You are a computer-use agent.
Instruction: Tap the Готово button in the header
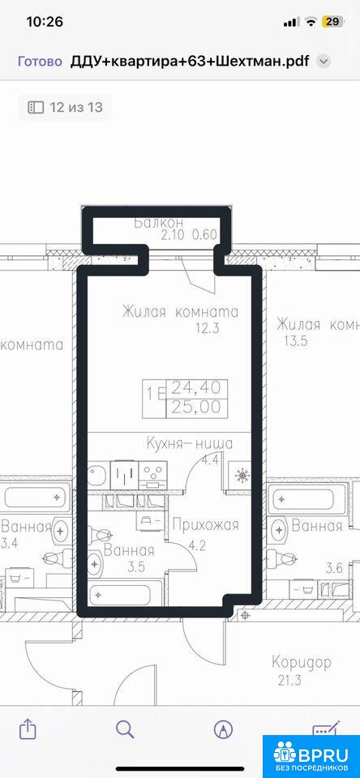pyautogui.click(x=40, y=62)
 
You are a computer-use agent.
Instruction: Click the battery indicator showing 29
pyautogui.click(x=331, y=22)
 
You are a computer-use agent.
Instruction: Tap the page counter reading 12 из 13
pyautogui.click(x=65, y=107)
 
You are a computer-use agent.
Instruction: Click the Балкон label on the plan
pyautogui.click(x=159, y=222)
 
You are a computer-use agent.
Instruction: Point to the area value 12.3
pyautogui.click(x=208, y=328)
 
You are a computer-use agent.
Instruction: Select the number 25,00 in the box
pyautogui.click(x=196, y=407)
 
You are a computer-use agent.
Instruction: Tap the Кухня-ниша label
pyautogui.click(x=190, y=443)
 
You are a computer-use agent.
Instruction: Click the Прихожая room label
pyautogui.click(x=206, y=524)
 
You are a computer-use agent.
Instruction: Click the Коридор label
pyautogui.click(x=302, y=663)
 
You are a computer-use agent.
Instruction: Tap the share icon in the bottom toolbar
pyautogui.click(x=28, y=729)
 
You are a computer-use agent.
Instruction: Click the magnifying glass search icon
pyautogui.click(x=125, y=729)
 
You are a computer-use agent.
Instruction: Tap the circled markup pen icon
pyautogui.click(x=223, y=729)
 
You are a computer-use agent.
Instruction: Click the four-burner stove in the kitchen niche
pyautogui.click(x=153, y=474)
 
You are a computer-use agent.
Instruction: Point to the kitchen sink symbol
pyautogui.click(x=97, y=475)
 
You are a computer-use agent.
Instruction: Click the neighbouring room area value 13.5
pyautogui.click(x=293, y=341)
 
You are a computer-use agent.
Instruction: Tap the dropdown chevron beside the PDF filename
pyautogui.click(x=324, y=62)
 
